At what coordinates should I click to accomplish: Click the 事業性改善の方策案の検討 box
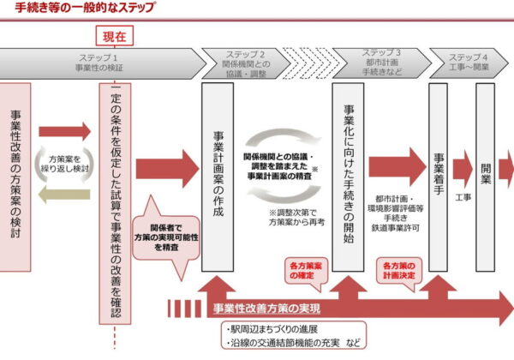[x=17, y=164]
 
